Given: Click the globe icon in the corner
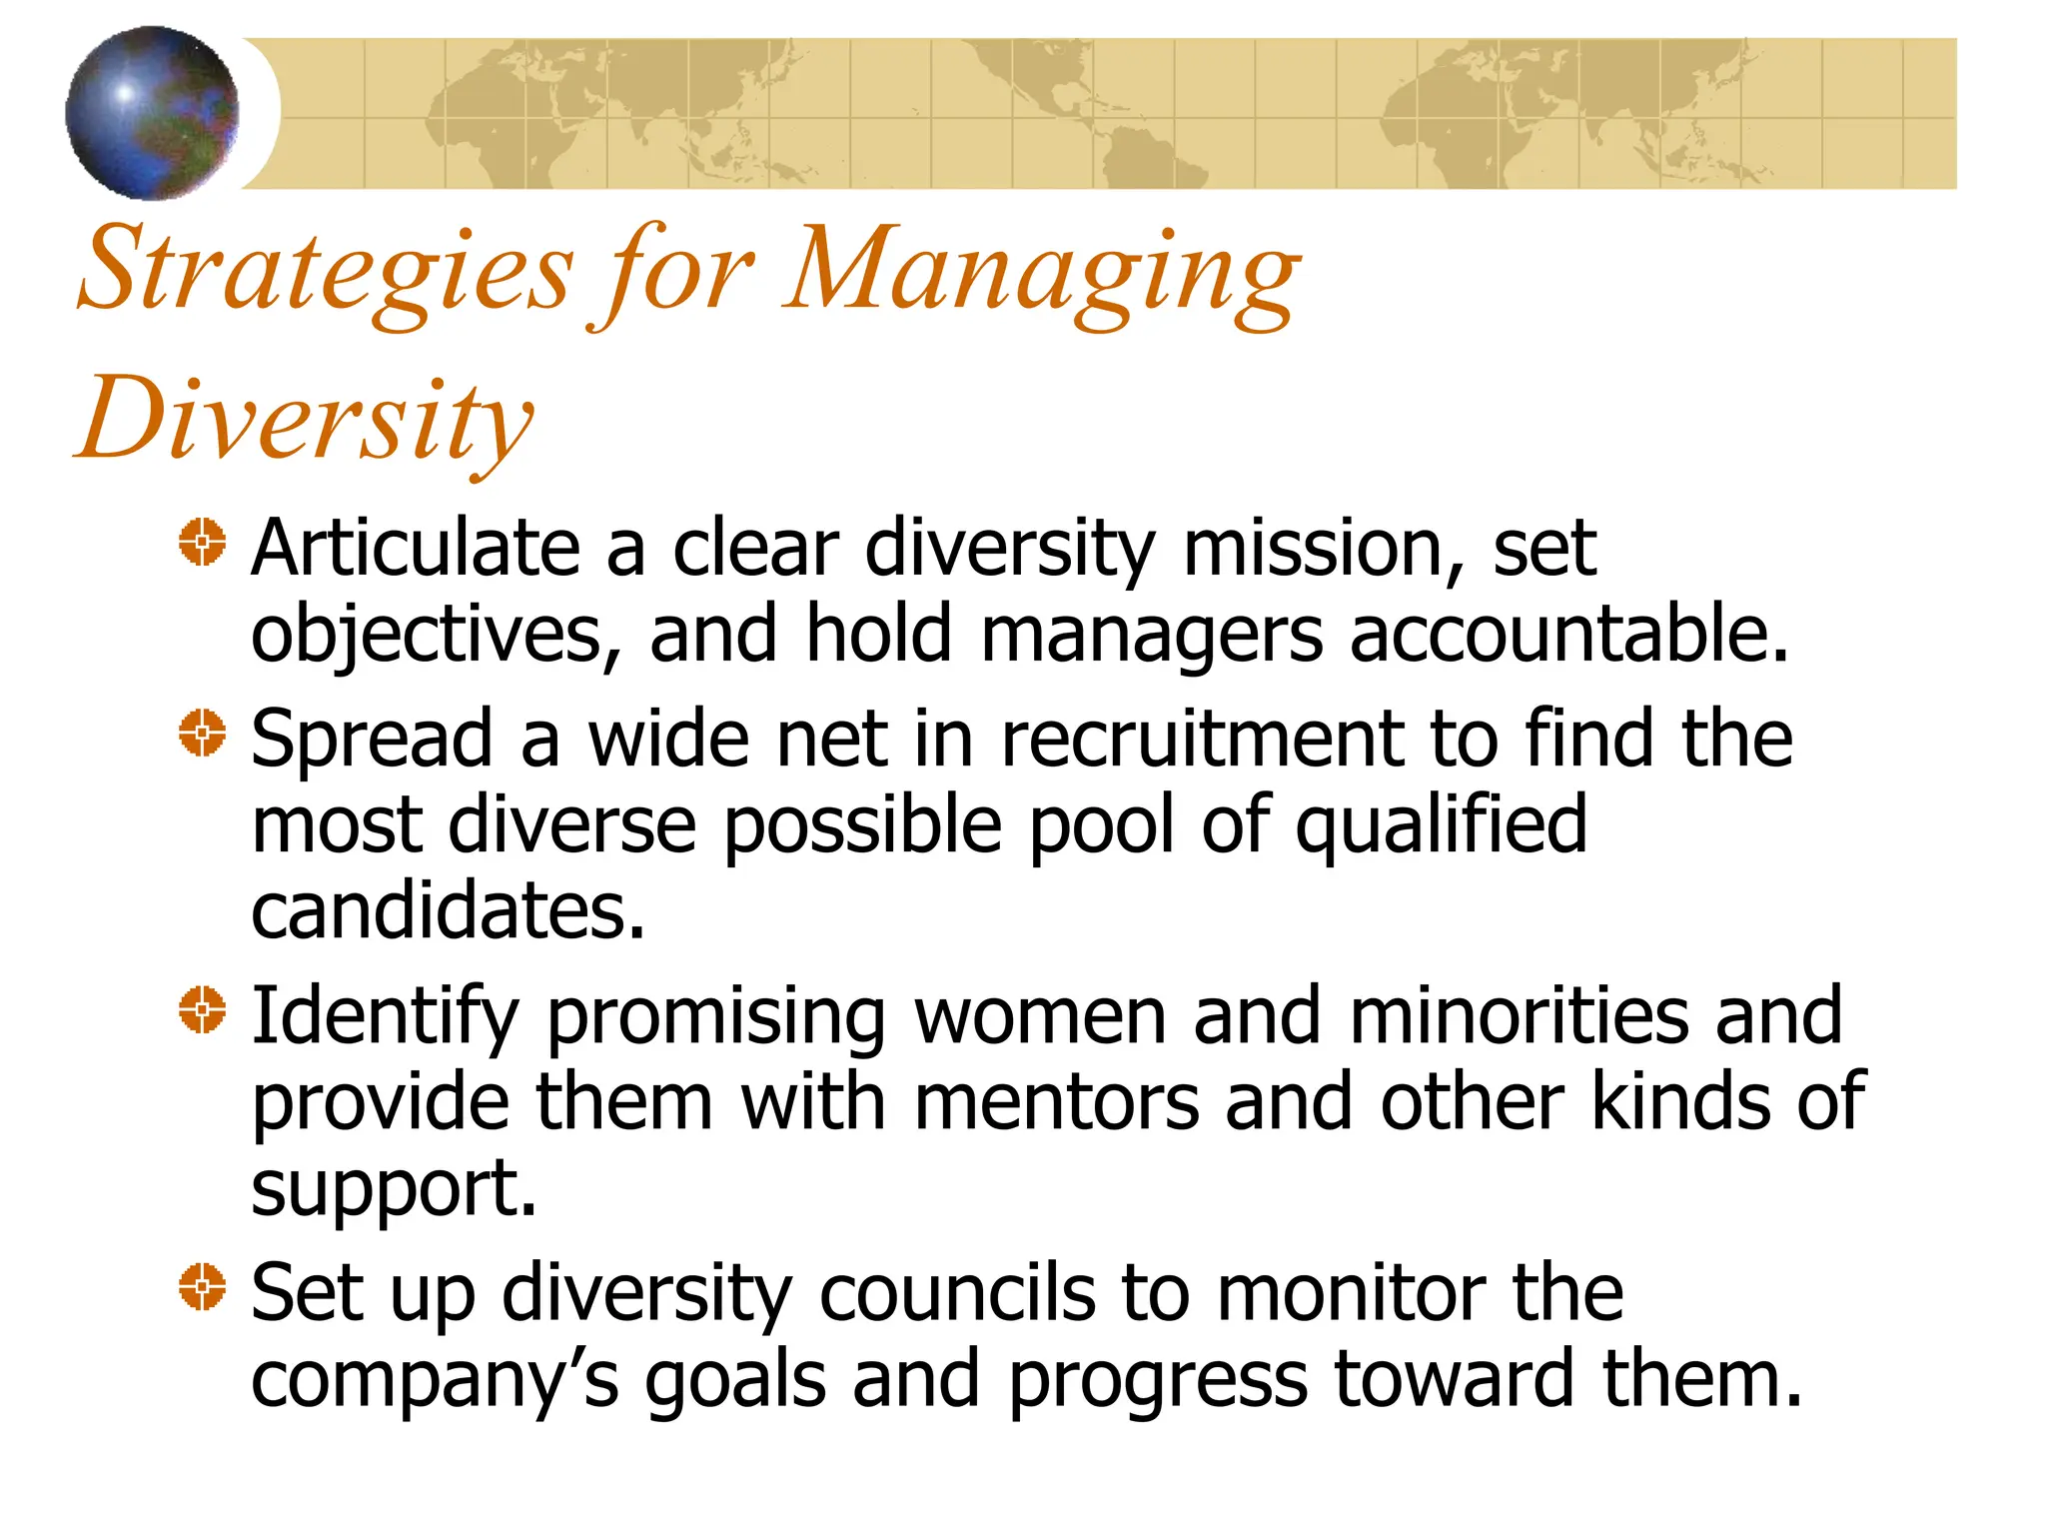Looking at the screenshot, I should (152, 113).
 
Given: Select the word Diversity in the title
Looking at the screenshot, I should (305, 420).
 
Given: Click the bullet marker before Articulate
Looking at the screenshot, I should (203, 543).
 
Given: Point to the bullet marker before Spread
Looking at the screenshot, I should (203, 734).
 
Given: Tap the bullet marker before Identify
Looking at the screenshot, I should (203, 1010).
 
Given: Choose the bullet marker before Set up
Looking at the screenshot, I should (203, 1286).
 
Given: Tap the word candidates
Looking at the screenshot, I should (448, 911).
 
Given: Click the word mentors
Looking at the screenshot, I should (1056, 1102).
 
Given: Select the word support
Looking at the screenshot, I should (394, 1190).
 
